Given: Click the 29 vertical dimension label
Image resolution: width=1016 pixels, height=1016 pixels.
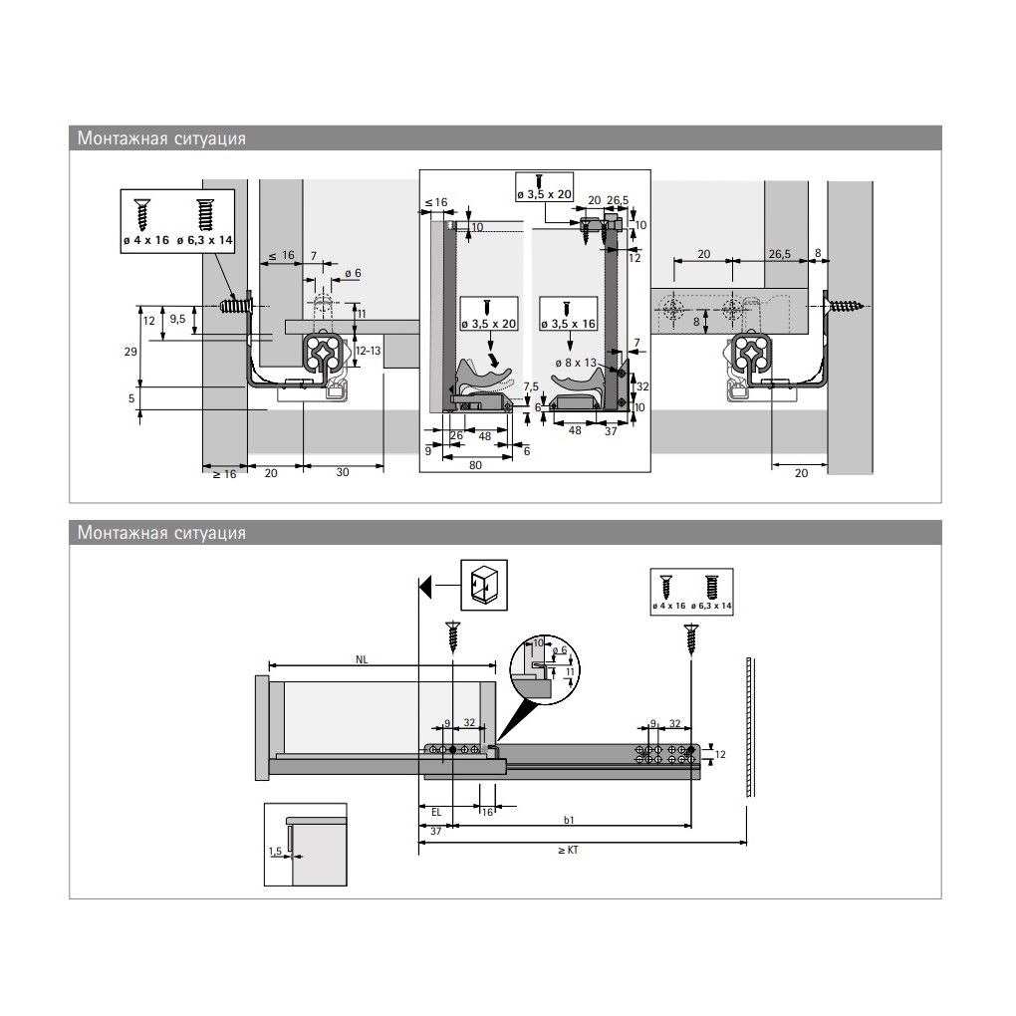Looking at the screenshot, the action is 130,352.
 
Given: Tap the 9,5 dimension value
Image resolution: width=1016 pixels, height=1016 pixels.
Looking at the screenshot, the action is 177,320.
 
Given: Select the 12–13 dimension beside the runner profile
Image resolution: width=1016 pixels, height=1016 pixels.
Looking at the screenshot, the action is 368,351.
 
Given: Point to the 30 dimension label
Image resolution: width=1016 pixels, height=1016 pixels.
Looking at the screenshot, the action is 343,472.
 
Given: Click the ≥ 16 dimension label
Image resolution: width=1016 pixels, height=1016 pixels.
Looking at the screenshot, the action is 225,474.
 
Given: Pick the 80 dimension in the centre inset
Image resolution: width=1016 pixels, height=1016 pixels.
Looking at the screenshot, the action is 475,465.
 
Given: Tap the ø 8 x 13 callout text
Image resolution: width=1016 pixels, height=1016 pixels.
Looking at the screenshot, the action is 576,363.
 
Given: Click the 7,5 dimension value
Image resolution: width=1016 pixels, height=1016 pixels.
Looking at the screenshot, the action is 531,386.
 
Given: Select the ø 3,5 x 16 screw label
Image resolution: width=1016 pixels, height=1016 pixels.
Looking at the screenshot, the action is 568,324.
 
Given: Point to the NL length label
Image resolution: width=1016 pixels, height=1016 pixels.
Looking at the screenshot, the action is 362,659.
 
